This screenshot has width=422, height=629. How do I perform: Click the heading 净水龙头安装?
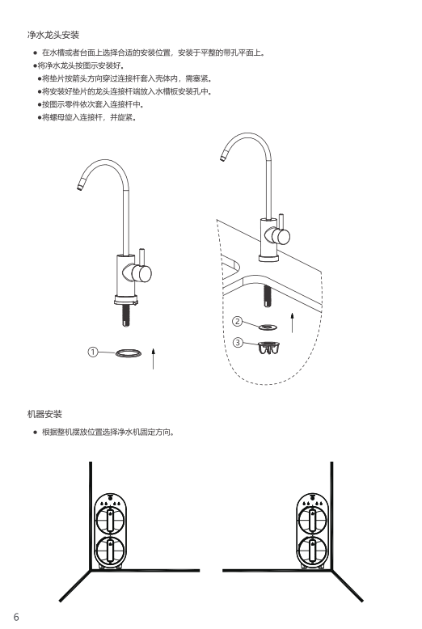tap(53, 35)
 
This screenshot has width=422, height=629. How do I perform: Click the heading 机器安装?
tap(44, 414)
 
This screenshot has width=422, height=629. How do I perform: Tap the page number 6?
tap(16, 617)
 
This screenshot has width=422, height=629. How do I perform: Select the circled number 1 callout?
tap(93, 352)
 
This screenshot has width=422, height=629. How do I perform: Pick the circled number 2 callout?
tap(238, 321)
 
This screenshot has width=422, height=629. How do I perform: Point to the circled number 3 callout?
tap(238, 343)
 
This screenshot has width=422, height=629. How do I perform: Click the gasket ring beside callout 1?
tap(129, 353)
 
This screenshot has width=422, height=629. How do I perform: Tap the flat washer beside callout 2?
tap(268, 327)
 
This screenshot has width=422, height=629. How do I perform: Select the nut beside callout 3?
tap(269, 348)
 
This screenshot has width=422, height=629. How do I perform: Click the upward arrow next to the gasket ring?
tap(153, 359)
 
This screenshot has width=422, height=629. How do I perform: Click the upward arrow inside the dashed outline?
tap(292, 323)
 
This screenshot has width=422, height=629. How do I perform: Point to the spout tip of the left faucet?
tap(80, 187)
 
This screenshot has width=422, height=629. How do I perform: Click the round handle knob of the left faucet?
tap(142, 273)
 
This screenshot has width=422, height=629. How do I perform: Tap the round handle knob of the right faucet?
tap(282, 237)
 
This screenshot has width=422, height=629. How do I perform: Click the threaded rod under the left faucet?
tap(125, 315)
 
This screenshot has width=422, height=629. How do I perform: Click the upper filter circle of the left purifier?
tap(110, 520)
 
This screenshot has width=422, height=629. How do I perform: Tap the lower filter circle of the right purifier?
tap(313, 550)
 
